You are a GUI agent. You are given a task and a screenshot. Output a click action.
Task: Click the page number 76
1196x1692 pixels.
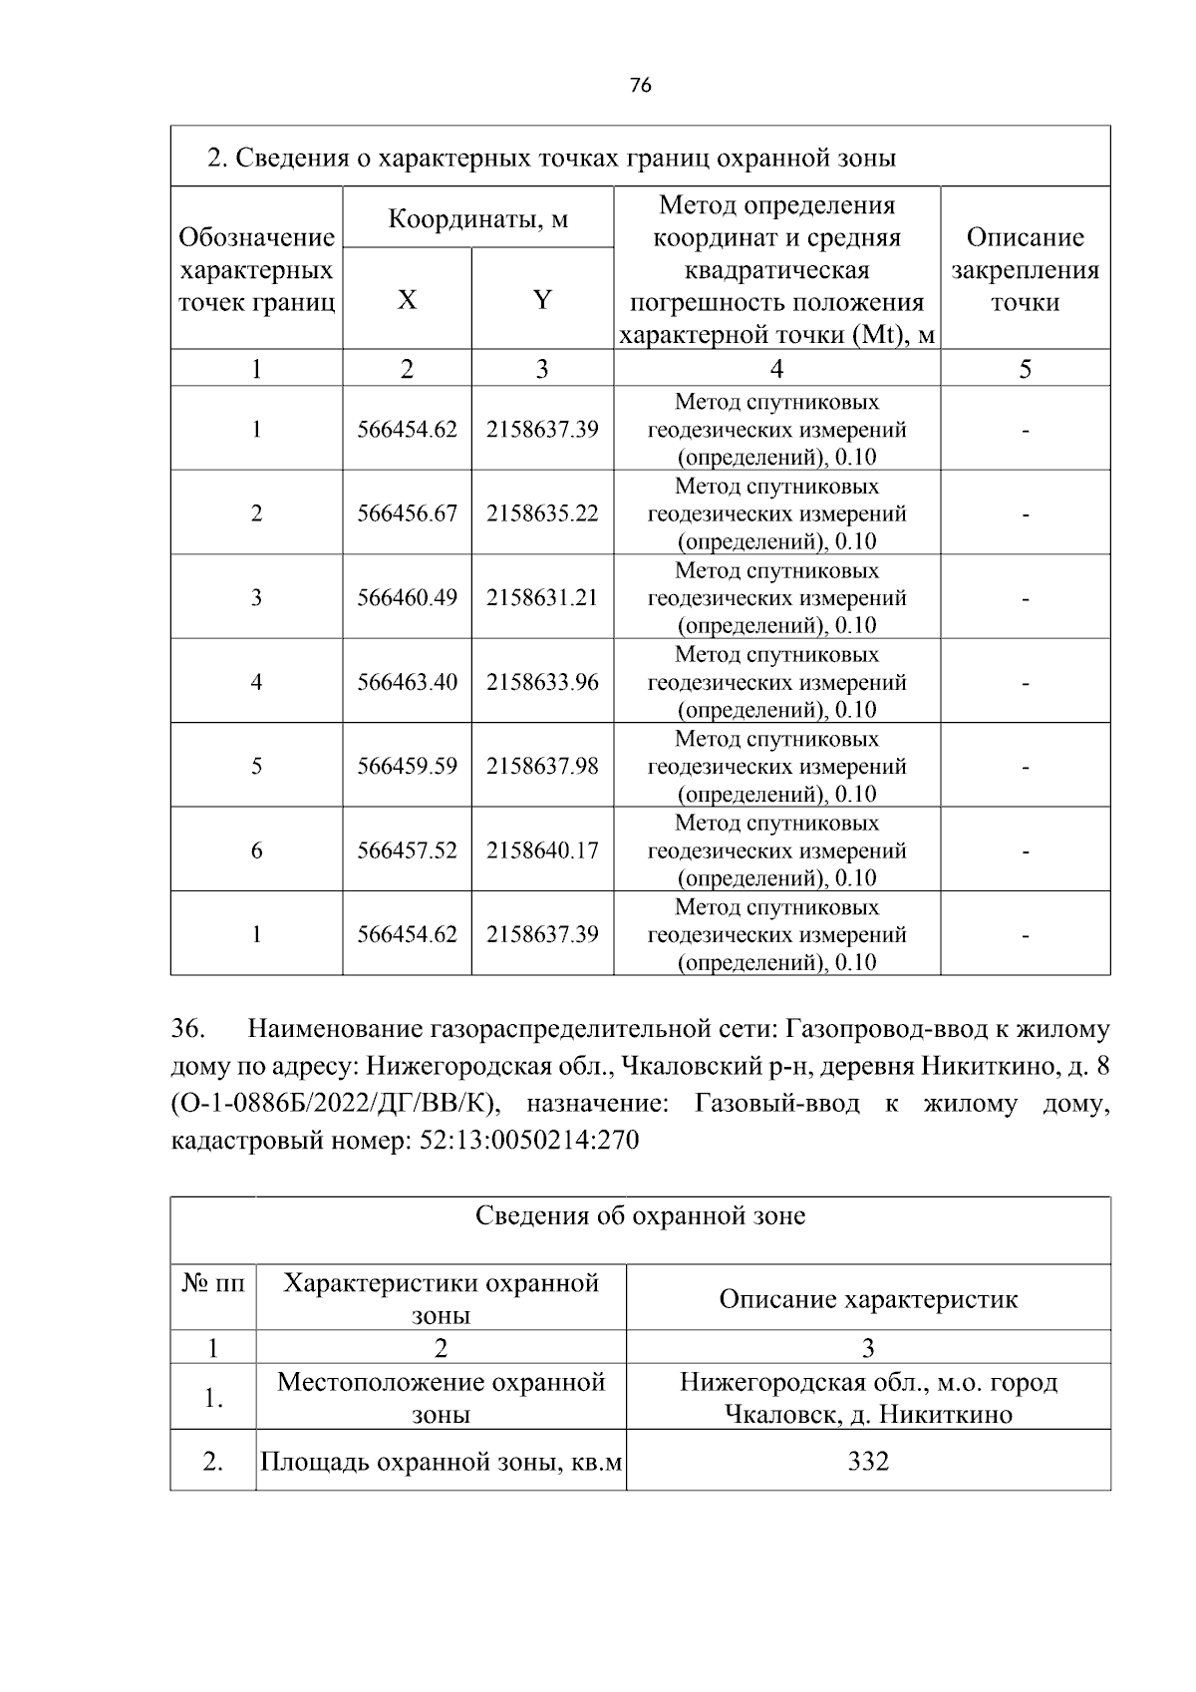[x=641, y=86]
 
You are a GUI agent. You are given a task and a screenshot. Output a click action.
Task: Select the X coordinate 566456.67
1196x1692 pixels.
[x=407, y=513]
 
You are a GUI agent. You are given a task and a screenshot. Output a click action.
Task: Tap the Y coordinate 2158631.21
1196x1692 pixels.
[x=542, y=597]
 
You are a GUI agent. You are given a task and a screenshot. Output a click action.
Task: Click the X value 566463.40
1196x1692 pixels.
[x=407, y=682]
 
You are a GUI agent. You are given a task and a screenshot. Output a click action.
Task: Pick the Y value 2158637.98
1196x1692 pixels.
[x=542, y=766]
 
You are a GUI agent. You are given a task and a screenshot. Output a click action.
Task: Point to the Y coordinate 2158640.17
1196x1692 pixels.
[x=542, y=850]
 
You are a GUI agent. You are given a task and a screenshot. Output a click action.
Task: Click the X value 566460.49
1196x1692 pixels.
[x=407, y=597]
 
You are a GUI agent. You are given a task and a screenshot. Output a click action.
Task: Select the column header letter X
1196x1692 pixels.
[x=407, y=299]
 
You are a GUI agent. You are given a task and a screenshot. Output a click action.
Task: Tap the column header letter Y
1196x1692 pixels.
[x=542, y=299]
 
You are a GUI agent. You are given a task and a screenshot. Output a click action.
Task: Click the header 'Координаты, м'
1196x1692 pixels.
[x=477, y=218]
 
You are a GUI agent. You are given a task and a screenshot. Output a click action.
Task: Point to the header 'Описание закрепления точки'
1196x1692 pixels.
[x=1025, y=269]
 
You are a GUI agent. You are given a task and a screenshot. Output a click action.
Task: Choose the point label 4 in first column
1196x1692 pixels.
[x=256, y=682]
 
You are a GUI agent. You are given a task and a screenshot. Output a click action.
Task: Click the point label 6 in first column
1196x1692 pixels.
[x=256, y=850]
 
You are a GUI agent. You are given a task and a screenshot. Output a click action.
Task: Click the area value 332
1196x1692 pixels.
[x=867, y=1462]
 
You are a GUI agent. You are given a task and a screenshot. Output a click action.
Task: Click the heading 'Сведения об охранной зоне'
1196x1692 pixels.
[x=640, y=1215]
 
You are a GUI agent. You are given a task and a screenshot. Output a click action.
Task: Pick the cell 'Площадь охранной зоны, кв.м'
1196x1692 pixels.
[x=441, y=1463]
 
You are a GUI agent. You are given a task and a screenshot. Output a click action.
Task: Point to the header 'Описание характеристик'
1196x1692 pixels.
[x=867, y=1299]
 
